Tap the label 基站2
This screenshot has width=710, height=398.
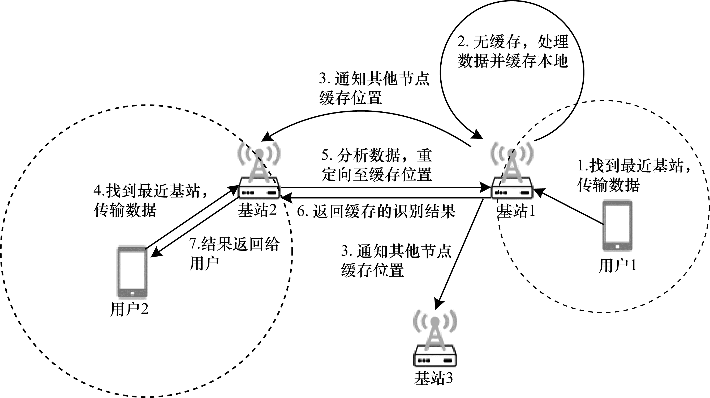point(257,210)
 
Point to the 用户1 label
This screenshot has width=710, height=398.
point(617,266)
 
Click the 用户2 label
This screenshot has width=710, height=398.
point(129,309)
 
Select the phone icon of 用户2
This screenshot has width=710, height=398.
point(132,272)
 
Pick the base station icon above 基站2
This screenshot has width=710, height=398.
point(259,171)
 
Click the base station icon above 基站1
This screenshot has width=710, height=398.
point(512,171)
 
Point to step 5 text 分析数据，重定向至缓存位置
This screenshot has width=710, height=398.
point(376,165)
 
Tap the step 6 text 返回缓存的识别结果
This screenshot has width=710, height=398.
point(376,212)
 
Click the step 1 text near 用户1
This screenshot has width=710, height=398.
point(634,175)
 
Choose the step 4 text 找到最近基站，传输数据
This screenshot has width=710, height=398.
point(150,200)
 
